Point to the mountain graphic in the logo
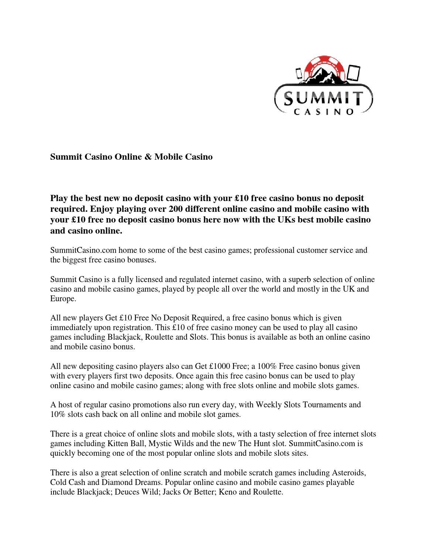click(x=322, y=76)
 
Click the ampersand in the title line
click(x=148, y=157)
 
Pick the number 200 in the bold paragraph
click(x=176, y=209)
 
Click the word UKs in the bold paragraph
click(x=287, y=220)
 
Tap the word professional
click(x=275, y=250)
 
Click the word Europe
click(x=63, y=299)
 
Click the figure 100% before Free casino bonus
click(x=267, y=366)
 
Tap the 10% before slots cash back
click(x=58, y=414)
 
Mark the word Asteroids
click(x=349, y=473)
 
